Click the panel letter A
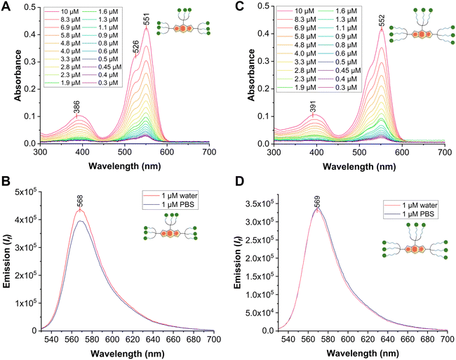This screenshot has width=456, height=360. [x=6, y=6]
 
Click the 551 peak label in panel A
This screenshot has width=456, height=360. [x=147, y=19]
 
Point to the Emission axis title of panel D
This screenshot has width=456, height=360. [x=241, y=261]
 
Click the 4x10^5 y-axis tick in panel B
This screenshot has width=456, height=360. [x=25, y=220]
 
